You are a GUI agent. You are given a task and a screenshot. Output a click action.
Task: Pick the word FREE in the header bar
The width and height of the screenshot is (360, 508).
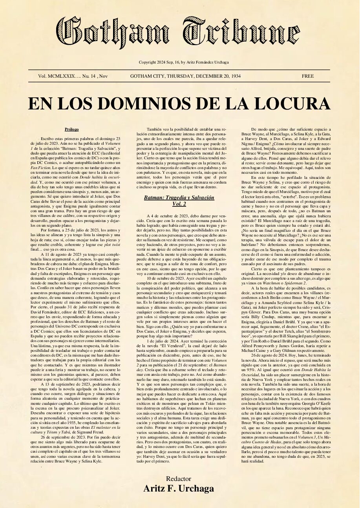[307, 76]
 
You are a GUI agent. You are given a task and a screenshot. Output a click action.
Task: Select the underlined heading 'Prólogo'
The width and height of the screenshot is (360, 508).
[72, 129]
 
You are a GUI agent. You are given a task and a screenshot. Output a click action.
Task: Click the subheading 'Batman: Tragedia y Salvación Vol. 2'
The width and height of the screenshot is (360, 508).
[179, 201]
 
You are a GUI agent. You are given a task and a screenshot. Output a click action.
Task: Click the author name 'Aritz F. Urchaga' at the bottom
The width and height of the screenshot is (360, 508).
[179, 488]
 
